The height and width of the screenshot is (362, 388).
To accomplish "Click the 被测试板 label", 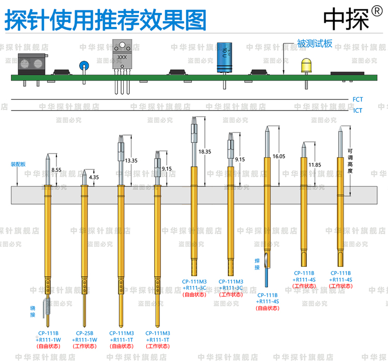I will click(314, 43).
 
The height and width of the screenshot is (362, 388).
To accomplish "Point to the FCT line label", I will click(357, 99).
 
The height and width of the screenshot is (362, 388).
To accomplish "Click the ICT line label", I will click(357, 110).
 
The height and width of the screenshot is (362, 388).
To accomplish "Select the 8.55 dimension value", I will click(56, 169).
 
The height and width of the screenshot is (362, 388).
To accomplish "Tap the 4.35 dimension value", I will click(94, 177).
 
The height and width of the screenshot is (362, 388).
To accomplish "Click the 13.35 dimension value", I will click(130, 161).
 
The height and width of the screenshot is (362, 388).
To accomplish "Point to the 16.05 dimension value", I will click(279, 156).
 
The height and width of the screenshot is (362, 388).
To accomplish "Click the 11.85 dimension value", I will click(315, 165).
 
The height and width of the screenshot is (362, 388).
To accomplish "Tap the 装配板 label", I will click(18, 164).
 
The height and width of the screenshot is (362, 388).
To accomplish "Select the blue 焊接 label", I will click(257, 264).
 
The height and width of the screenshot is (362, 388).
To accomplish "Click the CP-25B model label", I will click(85, 333).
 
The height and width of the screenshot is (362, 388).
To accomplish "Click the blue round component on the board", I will click(83, 66).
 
